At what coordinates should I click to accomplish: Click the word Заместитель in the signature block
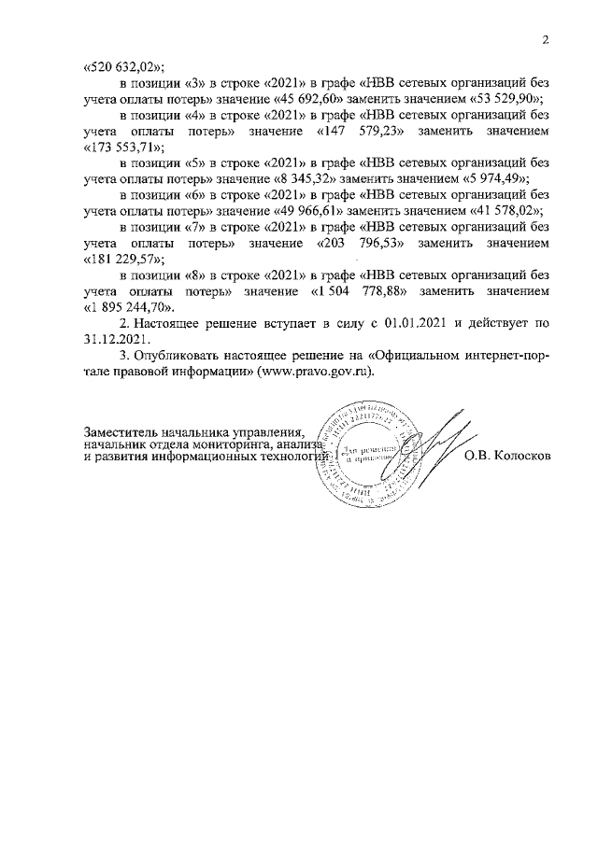pyautogui.click(x=120, y=433)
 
